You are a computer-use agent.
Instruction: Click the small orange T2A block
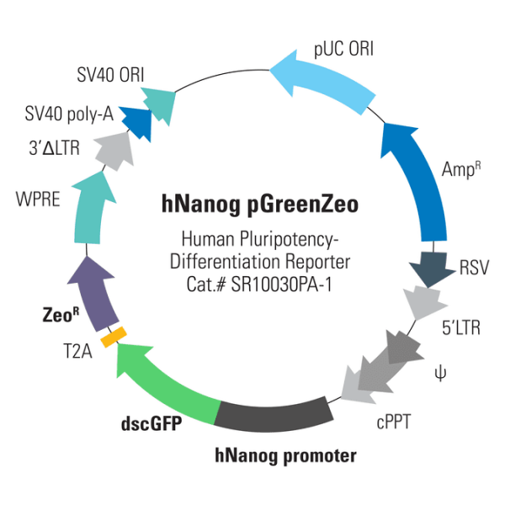[x=113, y=337]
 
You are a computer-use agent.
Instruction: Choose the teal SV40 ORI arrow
[x=160, y=101]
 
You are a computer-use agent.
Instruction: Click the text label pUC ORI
[x=343, y=50]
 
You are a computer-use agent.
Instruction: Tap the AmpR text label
[x=462, y=169]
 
